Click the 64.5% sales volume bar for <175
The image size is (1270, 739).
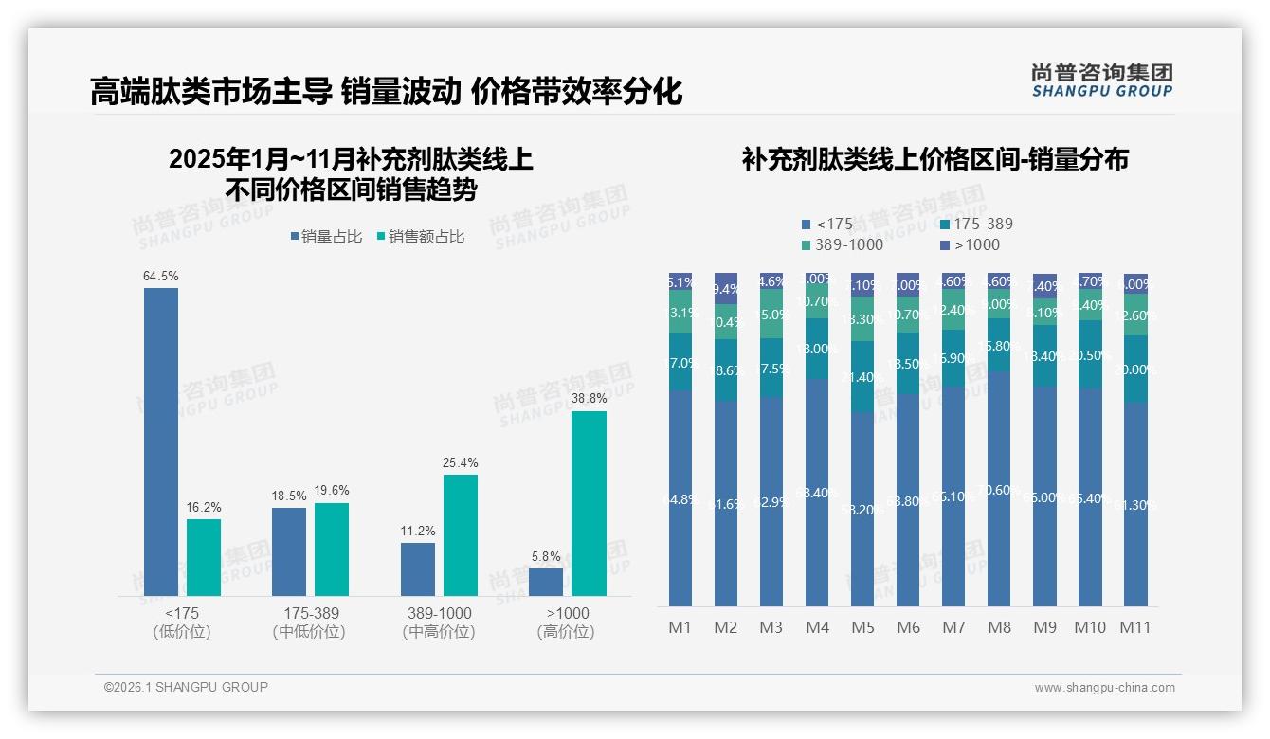(x=161, y=442)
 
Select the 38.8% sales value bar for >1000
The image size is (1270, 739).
(x=589, y=503)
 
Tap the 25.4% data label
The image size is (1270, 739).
(x=460, y=463)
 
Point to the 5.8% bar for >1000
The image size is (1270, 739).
(x=546, y=582)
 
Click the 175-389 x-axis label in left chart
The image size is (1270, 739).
(x=311, y=613)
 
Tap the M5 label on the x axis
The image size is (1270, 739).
(x=862, y=627)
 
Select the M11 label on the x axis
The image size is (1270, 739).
(x=1134, y=627)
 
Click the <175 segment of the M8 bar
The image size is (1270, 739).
(x=999, y=489)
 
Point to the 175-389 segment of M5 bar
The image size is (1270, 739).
(x=862, y=376)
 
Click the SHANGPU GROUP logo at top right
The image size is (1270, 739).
(x=1101, y=81)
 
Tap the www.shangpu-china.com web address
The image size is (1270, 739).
(x=1104, y=688)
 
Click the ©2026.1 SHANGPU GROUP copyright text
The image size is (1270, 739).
(x=186, y=687)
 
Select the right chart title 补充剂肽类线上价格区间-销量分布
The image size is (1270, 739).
(x=934, y=160)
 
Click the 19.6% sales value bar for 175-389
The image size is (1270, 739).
(x=332, y=550)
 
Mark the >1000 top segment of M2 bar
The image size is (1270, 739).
(x=726, y=289)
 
